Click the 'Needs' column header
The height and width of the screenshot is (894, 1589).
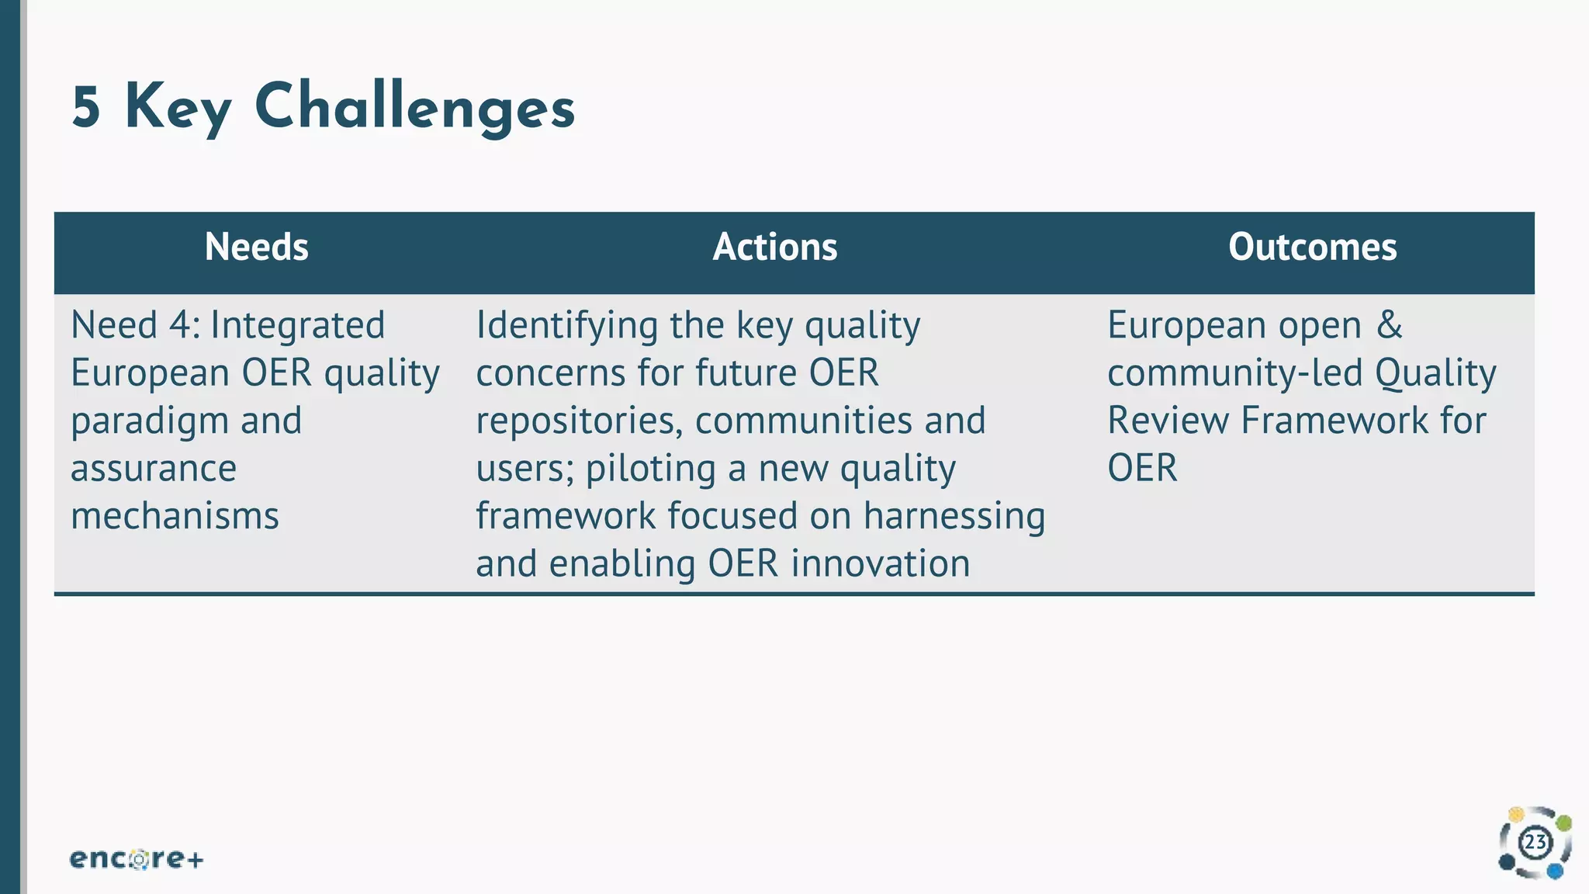256,247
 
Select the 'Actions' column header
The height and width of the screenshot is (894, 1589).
774,247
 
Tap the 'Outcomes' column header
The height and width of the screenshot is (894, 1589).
1312,247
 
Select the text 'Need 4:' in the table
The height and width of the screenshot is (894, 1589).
135,324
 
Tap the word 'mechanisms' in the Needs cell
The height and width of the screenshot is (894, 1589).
175,516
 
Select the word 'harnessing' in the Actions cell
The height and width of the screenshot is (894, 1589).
954,517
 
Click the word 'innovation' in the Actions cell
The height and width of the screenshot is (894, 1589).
880,563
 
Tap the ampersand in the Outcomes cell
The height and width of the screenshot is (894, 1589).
1390,324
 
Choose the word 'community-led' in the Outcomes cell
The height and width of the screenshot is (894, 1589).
1234,373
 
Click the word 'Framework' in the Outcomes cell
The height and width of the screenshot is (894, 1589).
1335,421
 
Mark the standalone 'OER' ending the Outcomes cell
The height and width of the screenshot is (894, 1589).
1141,468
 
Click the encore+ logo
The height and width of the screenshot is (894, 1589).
137,858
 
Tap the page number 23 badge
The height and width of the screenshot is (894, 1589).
1535,843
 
